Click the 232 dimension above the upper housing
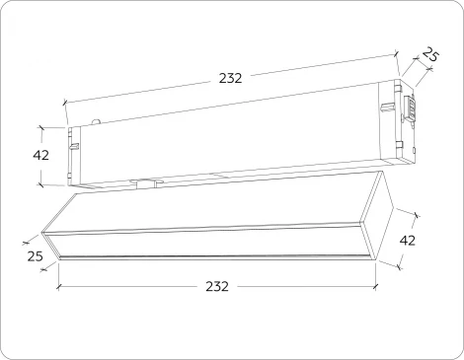point(230,78)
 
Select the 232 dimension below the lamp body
point(216,286)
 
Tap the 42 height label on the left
point(40,155)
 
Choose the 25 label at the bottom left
point(37,256)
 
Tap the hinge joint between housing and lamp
point(148,182)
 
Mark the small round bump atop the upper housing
point(96,121)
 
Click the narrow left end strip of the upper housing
point(71,156)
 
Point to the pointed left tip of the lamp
point(44,237)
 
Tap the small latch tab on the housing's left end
point(73,145)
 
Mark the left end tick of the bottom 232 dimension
point(58,287)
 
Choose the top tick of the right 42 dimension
point(417,213)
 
